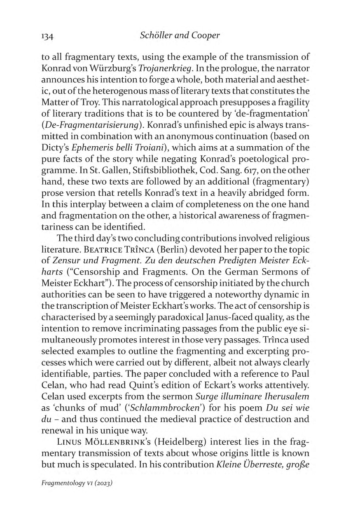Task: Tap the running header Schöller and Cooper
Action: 180,35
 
